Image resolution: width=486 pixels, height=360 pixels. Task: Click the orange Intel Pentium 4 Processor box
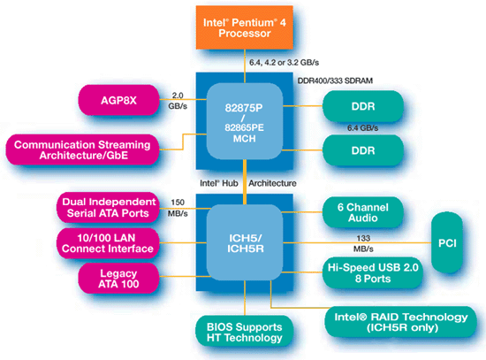(245, 27)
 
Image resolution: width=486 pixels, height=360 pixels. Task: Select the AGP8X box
(118, 100)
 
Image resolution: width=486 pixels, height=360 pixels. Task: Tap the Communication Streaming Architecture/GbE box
(82, 149)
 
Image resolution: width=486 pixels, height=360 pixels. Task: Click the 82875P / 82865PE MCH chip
(245, 121)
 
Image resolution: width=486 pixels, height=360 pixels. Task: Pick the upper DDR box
(363, 106)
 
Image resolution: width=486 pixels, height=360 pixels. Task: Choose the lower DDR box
(363, 150)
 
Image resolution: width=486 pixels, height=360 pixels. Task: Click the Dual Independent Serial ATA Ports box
(108, 208)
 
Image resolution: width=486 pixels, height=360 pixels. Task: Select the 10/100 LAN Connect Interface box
(108, 243)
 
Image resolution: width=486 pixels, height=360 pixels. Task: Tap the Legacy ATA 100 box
(118, 279)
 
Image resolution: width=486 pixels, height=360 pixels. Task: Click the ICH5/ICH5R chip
(245, 242)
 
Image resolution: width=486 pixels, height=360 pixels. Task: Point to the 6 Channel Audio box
(363, 212)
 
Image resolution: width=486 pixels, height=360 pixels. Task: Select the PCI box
(447, 243)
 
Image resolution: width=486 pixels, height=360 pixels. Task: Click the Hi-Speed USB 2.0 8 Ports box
(373, 272)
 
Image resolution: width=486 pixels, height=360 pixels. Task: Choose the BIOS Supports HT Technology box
(244, 332)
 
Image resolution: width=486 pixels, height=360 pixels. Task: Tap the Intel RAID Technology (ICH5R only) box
(401, 322)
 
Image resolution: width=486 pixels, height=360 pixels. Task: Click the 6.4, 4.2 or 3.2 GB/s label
(285, 63)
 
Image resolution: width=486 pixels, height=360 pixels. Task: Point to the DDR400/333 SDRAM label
(335, 81)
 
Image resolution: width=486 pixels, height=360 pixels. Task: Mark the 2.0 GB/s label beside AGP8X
(178, 101)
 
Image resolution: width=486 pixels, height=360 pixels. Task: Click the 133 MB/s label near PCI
(363, 243)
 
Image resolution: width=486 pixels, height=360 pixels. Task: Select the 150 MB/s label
(178, 208)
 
